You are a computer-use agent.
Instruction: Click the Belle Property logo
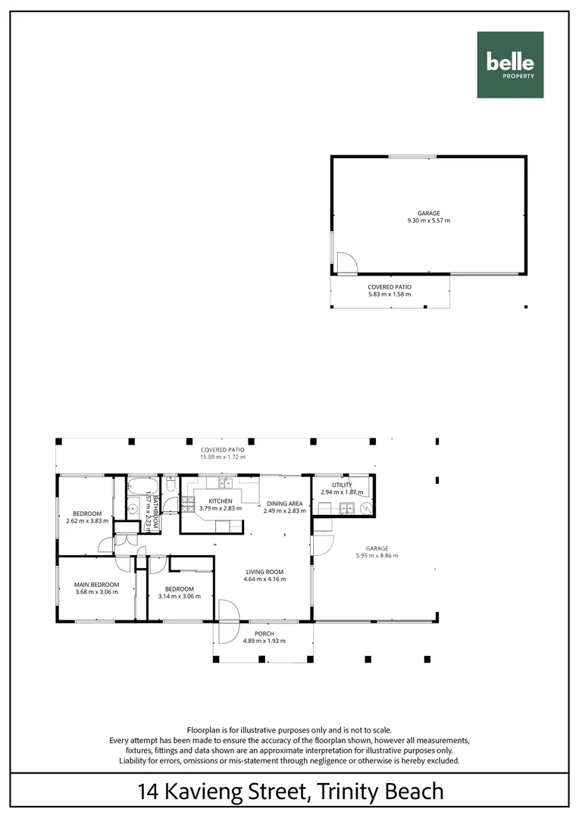click(x=510, y=65)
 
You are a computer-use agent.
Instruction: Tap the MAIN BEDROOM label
click(x=96, y=584)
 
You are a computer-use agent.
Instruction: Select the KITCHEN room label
click(x=220, y=501)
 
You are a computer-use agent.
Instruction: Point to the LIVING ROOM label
click(x=263, y=572)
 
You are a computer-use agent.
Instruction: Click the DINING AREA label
click(x=284, y=503)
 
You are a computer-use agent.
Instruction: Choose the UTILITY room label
click(x=342, y=485)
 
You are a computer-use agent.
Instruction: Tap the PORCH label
click(x=264, y=633)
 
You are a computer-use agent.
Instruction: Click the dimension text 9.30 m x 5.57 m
click(x=428, y=221)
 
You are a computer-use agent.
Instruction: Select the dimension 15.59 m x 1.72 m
click(x=223, y=457)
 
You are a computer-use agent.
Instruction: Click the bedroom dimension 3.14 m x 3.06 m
click(x=180, y=596)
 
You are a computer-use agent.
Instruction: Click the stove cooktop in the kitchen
click(x=186, y=501)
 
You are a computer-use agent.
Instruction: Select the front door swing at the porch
click(x=227, y=612)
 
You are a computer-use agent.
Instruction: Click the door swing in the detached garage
click(x=345, y=263)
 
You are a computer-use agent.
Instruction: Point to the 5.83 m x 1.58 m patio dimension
click(x=390, y=294)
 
